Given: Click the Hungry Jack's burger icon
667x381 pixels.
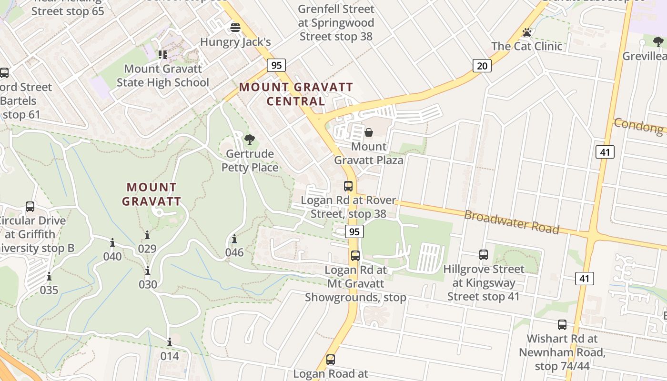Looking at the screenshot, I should (x=235, y=28).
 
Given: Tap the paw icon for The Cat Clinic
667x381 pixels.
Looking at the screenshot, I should (x=526, y=32).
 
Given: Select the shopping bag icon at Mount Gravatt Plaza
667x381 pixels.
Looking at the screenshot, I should (x=369, y=132).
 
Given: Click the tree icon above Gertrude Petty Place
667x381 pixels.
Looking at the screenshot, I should (x=249, y=140).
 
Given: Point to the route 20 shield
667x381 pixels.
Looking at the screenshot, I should (x=482, y=66).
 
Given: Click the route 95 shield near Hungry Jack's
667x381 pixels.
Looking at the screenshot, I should (x=276, y=65).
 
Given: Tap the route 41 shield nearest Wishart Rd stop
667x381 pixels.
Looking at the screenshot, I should (x=584, y=278).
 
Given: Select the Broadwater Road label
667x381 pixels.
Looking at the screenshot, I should (x=511, y=222).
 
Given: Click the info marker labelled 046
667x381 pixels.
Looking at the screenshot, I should (x=234, y=239).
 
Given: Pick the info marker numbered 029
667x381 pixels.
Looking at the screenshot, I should (x=147, y=235).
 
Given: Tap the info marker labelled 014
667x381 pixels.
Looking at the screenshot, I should (x=169, y=342).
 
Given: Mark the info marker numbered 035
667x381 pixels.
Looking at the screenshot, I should (x=49, y=277).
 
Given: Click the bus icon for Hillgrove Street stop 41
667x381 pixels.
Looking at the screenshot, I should (x=484, y=255).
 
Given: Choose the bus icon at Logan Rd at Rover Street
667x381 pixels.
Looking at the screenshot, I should (x=348, y=186).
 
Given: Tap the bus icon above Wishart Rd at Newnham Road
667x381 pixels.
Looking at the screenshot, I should (x=562, y=325).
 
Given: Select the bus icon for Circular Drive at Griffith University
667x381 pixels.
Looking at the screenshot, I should (x=30, y=207).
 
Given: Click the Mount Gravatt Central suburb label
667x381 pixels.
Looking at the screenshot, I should (x=296, y=94).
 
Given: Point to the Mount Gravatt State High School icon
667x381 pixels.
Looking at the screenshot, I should (x=163, y=55).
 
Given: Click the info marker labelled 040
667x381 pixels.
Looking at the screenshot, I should (x=112, y=243).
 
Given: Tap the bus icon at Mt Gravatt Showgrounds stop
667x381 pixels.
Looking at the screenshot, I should (x=355, y=256).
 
